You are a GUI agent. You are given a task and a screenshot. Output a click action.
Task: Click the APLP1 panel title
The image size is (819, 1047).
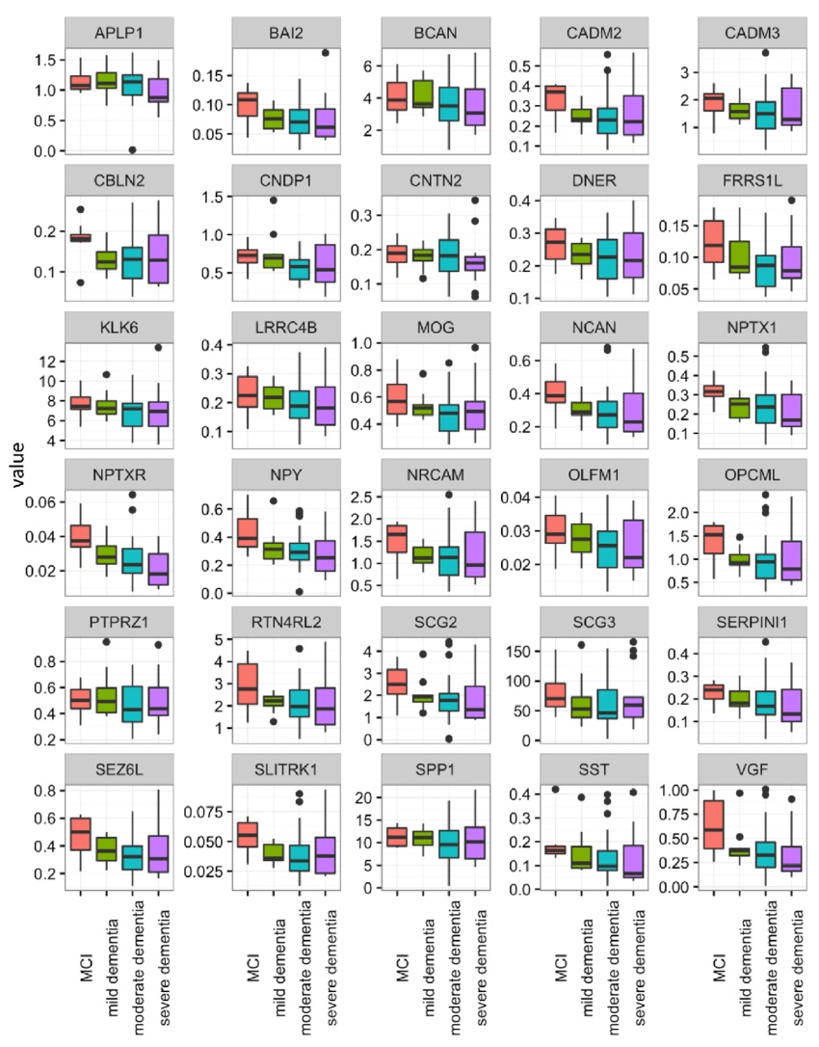(x=119, y=36)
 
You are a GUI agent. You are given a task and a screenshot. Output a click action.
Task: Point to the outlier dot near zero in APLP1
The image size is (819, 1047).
(x=132, y=149)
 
